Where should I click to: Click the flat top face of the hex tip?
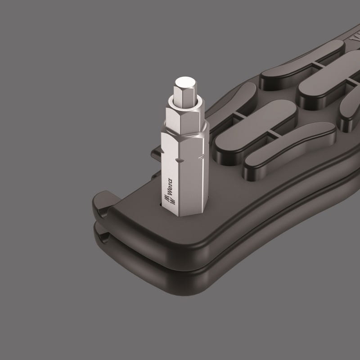[185, 82]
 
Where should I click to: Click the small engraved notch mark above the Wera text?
[179, 160]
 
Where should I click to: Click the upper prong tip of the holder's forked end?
[101, 202]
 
